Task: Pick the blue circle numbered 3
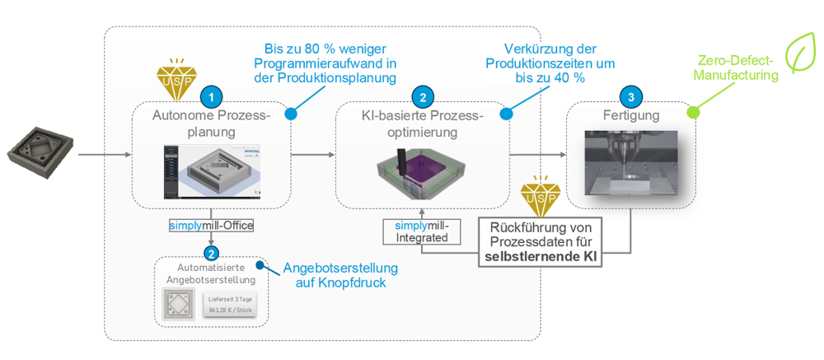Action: point(631,97)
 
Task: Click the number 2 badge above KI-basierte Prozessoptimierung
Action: point(422,97)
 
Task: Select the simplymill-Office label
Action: point(211,225)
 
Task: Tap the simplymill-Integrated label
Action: point(420,231)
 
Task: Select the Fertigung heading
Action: point(631,115)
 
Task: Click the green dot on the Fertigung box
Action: point(693,110)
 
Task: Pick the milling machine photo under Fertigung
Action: point(631,162)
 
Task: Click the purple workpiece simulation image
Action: point(422,172)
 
